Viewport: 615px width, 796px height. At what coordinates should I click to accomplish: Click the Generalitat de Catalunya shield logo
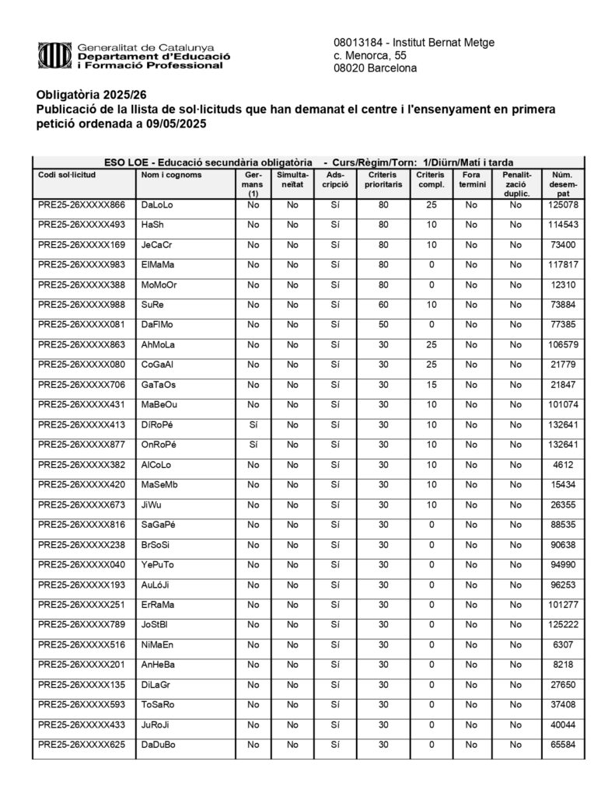tap(54, 55)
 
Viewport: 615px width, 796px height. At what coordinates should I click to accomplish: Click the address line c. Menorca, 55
tap(369, 55)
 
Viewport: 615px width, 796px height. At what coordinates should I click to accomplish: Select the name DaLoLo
tap(157, 204)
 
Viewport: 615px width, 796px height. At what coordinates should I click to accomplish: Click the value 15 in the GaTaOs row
tap(430, 385)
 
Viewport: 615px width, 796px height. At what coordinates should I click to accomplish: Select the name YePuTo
tap(158, 564)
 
